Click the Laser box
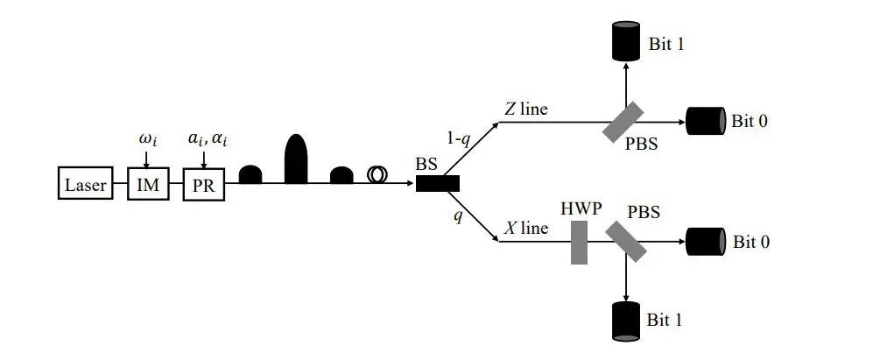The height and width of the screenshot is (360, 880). [85, 186]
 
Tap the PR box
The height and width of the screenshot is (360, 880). [204, 186]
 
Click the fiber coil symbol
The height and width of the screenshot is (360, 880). [378, 175]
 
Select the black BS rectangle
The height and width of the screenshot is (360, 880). [438, 184]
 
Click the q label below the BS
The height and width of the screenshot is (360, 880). [456, 215]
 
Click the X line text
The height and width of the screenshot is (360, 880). [526, 229]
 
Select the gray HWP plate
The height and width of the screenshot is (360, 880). [579, 243]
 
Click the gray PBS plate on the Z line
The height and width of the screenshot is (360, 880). [623, 122]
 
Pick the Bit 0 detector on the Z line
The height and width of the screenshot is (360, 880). [706, 121]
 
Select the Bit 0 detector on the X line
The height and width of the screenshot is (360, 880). [706, 241]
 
